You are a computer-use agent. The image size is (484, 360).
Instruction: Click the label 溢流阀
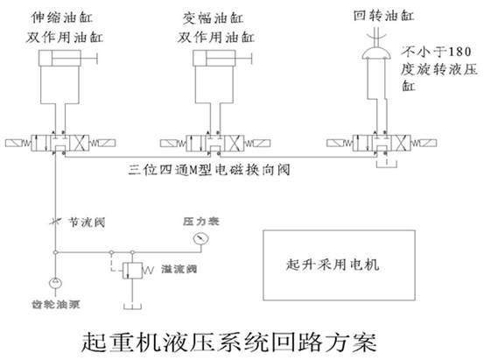click(x=179, y=271)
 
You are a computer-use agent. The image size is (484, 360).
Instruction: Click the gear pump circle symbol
click(x=55, y=282)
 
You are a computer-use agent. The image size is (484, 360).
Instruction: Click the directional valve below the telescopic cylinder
click(x=59, y=141)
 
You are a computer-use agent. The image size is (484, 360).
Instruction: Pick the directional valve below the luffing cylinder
click(x=214, y=141)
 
